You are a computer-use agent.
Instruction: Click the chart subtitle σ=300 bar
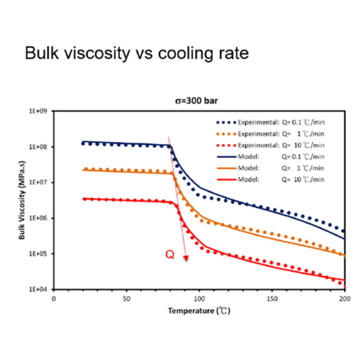pyautogui.click(x=199, y=101)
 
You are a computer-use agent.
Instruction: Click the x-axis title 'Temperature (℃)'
pyautogui.click(x=199, y=311)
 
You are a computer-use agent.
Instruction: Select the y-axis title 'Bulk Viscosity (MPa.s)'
pyautogui.click(x=23, y=201)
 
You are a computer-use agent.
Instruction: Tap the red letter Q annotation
pyautogui.click(x=169, y=254)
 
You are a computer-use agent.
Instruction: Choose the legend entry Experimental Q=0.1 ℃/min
pyautogui.click(x=270, y=122)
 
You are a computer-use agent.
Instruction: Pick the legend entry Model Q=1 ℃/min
pyautogui.click(x=270, y=168)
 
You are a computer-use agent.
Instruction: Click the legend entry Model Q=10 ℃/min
pyautogui.click(x=270, y=179)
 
